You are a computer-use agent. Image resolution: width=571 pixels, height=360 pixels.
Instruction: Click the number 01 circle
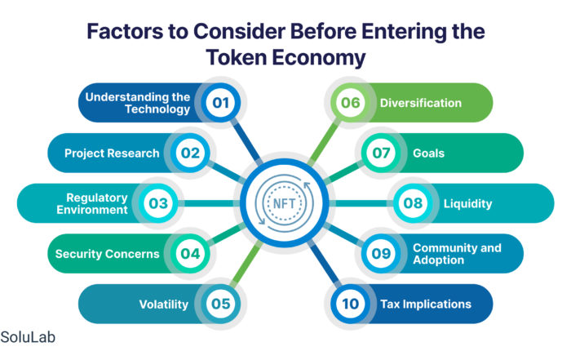coord(221,102)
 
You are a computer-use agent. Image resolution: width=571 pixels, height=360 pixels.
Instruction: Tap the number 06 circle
coord(350,102)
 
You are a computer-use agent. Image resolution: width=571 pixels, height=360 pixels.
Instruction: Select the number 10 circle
coord(350,304)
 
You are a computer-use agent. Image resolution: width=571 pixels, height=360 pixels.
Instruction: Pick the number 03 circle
coord(158,203)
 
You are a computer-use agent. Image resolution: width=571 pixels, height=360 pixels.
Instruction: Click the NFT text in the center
coord(284,203)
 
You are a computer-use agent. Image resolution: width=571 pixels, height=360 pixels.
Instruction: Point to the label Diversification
coord(421,103)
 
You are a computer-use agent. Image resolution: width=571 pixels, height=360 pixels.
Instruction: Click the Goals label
coord(428,153)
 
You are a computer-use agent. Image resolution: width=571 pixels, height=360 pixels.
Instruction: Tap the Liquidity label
coord(467,204)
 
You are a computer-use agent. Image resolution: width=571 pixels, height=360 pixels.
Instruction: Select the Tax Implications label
coord(426,304)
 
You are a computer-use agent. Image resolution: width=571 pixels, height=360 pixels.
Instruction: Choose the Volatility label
coord(164,304)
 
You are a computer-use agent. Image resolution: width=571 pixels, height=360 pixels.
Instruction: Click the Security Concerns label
coord(108,254)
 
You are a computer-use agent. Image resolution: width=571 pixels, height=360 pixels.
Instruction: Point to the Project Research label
coord(112,153)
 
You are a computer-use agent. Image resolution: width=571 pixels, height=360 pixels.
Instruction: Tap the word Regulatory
coord(97,198)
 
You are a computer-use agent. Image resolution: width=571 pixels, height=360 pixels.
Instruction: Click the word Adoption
coord(439,260)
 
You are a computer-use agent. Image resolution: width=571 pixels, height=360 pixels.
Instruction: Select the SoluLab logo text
coord(28,337)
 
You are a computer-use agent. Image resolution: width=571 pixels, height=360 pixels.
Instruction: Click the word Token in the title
coord(237,58)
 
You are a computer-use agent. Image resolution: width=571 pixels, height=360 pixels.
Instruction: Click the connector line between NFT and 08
coord(361,203)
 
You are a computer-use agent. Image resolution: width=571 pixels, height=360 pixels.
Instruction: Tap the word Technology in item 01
coord(157,109)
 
